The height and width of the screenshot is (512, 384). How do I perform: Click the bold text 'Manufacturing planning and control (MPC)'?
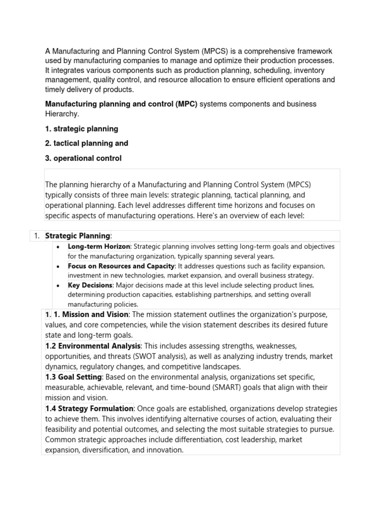(x=121, y=104)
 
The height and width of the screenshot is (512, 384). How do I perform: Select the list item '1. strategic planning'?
(x=81, y=128)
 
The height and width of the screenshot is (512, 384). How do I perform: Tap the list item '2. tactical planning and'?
(x=86, y=143)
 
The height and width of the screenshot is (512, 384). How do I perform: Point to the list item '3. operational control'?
(x=83, y=158)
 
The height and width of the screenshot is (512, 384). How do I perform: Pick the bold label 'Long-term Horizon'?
(x=99, y=246)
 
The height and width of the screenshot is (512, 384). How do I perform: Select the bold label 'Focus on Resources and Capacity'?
(x=121, y=265)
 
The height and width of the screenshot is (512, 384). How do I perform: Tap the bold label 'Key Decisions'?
(x=90, y=285)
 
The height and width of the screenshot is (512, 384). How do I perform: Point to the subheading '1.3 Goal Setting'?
(x=73, y=377)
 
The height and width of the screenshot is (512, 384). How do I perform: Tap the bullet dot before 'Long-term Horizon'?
(x=59, y=247)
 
